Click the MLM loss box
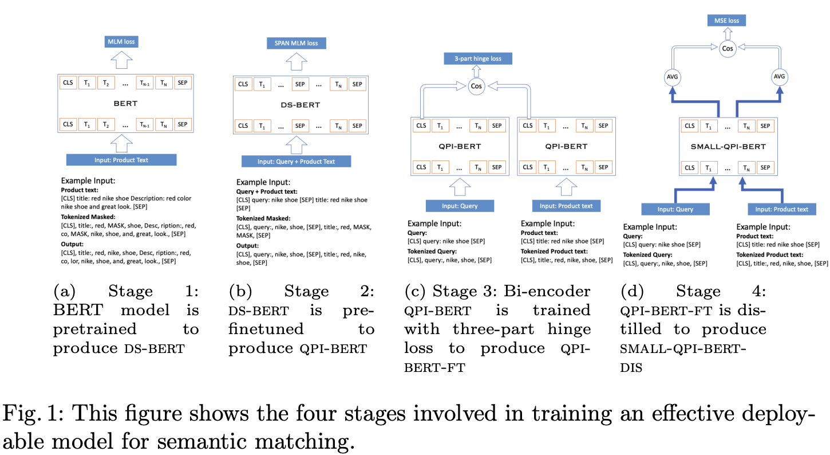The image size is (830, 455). point(122,41)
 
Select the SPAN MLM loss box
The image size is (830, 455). point(296,43)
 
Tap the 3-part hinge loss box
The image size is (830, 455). point(478,58)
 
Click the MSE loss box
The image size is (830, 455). point(726,21)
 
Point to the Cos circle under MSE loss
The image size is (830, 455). point(727,49)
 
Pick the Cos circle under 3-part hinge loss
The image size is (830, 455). point(477,86)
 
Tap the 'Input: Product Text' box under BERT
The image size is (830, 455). point(121,160)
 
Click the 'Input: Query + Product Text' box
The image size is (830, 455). point(296,162)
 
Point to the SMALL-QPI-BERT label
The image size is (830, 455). point(728,147)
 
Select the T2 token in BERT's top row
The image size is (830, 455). point(106,83)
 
